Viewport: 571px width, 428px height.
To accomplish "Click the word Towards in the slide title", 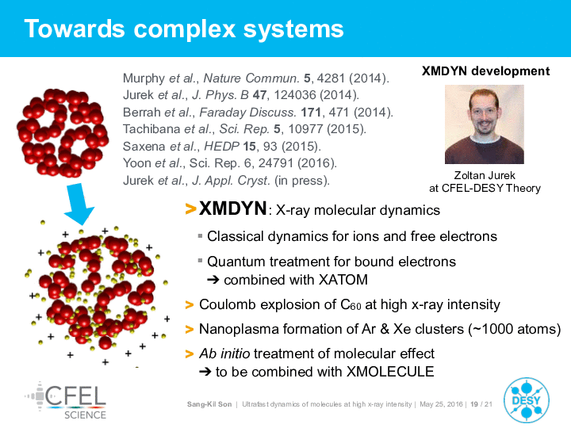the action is pos(75,29).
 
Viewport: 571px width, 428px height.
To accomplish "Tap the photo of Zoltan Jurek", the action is pos(485,124).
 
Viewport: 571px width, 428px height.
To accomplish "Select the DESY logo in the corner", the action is pos(527,400).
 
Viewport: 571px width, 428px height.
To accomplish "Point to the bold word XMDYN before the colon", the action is pos(232,209).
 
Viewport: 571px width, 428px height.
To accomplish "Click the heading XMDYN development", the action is pos(485,71).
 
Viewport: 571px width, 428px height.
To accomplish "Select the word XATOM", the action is pos(343,280).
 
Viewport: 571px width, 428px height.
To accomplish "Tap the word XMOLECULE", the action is pos(390,372).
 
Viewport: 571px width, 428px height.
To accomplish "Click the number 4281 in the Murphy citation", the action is pos(331,78).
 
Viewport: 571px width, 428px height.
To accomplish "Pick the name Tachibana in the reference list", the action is pos(151,129).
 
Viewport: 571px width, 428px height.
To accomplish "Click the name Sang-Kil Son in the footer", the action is pos(209,404).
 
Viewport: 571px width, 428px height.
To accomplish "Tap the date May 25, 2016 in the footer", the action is pos(441,404).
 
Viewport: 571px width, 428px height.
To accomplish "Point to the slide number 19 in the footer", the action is pos(474,404).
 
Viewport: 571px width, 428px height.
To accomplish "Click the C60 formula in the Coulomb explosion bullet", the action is pos(351,304).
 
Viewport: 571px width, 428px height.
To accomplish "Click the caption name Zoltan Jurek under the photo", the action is pos(485,175).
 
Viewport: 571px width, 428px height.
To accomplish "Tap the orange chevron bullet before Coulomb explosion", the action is pos(190,304).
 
